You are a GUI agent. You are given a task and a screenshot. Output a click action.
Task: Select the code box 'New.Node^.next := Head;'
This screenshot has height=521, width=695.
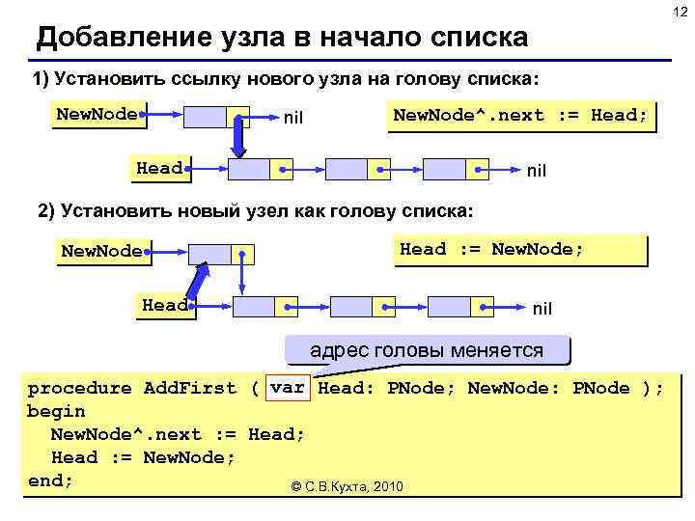pyautogui.click(x=520, y=116)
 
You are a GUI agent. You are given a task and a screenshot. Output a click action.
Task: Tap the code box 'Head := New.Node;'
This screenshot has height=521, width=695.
pyautogui.click(x=492, y=250)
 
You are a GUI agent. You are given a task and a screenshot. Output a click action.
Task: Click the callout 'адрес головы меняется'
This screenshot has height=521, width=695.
pyautogui.click(x=426, y=350)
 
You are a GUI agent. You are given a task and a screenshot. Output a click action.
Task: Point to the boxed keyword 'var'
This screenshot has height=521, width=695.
pyautogui.click(x=288, y=388)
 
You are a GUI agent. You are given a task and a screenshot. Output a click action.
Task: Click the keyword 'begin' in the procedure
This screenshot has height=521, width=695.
pyautogui.click(x=56, y=411)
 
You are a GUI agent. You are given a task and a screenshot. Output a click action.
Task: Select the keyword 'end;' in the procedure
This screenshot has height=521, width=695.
pyautogui.click(x=50, y=480)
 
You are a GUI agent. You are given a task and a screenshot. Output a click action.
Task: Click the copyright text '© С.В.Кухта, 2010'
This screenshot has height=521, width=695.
pyautogui.click(x=347, y=486)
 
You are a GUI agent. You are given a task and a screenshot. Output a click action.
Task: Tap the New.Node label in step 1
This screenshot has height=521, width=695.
pyautogui.click(x=97, y=115)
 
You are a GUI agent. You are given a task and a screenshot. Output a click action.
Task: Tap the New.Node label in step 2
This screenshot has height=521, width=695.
pyautogui.click(x=101, y=252)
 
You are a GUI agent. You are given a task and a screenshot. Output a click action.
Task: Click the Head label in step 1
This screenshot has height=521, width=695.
pyautogui.click(x=159, y=169)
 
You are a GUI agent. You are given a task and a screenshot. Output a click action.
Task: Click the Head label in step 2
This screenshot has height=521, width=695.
pyautogui.click(x=165, y=306)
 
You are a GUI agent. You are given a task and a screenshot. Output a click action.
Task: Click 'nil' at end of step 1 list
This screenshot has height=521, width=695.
pyautogui.click(x=536, y=171)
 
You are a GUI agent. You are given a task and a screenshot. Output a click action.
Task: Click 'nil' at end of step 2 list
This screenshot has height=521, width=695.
pyautogui.click(x=542, y=309)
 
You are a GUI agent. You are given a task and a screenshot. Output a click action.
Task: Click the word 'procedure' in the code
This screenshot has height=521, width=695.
pyautogui.click(x=79, y=388)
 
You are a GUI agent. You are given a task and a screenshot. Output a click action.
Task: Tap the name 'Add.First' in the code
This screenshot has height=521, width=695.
pyautogui.click(x=189, y=388)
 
